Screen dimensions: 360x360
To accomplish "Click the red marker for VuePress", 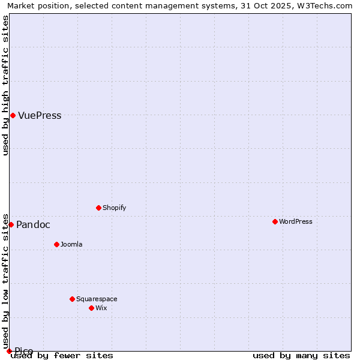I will pyautogui.click(x=13, y=115).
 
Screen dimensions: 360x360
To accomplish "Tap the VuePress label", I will pyautogui.click(x=40, y=116).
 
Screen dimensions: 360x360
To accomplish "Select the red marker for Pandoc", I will pyautogui.click(x=11, y=224).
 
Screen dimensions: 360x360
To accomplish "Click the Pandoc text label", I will pyautogui.click(x=33, y=225).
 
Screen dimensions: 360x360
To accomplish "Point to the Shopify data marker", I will pyautogui.click(x=98, y=208).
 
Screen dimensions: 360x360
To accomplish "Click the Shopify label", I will pyautogui.click(x=114, y=208).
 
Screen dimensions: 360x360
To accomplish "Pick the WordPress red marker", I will pyautogui.click(x=275, y=221).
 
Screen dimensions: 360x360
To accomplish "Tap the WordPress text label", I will pyautogui.click(x=295, y=222).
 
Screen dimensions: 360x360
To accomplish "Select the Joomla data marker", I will pyautogui.click(x=56, y=244).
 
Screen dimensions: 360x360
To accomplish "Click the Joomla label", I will pyautogui.click(x=71, y=245).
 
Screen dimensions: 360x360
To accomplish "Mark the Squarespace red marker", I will pyautogui.click(x=72, y=299).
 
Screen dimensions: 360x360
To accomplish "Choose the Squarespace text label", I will pyautogui.click(x=97, y=299).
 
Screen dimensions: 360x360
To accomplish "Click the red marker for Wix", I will pyautogui.click(x=91, y=308).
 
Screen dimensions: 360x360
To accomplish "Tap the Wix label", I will pyautogui.click(x=101, y=308).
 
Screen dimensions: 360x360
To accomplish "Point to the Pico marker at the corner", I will pyautogui.click(x=9, y=351).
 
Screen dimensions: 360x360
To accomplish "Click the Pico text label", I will pyautogui.click(x=24, y=351).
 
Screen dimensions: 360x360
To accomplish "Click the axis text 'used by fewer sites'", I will pyautogui.click(x=62, y=356).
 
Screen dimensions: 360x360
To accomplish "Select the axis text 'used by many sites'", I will pyautogui.click(x=301, y=356).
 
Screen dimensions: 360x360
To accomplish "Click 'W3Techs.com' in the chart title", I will pyautogui.click(x=327, y=6).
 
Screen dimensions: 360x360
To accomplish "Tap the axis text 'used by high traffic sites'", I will pyautogui.click(x=6, y=85).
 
